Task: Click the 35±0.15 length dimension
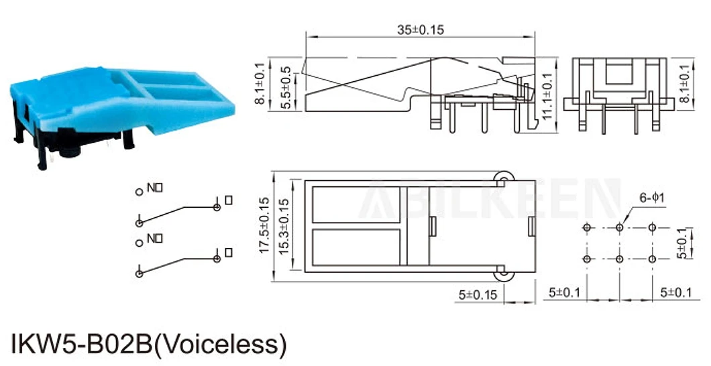pyautogui.click(x=421, y=29)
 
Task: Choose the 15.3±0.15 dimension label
pyautogui.click(x=284, y=225)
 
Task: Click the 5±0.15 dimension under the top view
pyautogui.click(x=478, y=294)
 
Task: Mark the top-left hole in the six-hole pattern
pyautogui.click(x=588, y=228)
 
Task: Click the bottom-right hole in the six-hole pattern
pyautogui.click(x=651, y=259)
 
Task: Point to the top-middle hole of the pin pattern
pyautogui.click(x=619, y=228)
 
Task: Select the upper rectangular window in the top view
pyautogui.click(x=357, y=204)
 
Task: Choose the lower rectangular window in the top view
pyautogui.click(x=357, y=247)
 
